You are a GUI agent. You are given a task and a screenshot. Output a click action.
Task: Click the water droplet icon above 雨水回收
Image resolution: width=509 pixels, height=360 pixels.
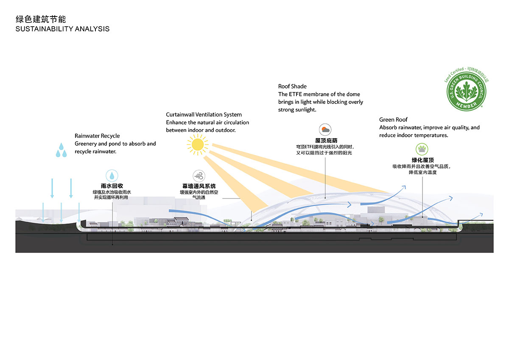point(112,176)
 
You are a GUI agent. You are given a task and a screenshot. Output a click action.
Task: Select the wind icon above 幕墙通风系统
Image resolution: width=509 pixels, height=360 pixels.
point(199,176)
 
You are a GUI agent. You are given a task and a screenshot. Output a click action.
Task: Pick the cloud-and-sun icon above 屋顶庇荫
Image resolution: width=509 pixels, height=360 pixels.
point(326,130)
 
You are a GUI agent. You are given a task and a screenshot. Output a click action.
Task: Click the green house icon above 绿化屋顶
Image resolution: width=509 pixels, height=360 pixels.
point(422,149)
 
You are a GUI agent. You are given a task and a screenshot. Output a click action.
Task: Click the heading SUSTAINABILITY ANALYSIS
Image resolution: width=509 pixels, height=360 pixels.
point(62,29)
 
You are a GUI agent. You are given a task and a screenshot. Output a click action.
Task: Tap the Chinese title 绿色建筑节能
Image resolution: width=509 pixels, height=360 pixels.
point(41,19)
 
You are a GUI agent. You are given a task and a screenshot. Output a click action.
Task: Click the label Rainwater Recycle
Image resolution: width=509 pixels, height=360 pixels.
point(97,136)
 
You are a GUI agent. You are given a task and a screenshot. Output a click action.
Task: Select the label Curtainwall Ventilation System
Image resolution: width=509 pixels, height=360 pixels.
point(204,114)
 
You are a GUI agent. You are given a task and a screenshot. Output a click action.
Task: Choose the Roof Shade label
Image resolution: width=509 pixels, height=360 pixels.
point(292,87)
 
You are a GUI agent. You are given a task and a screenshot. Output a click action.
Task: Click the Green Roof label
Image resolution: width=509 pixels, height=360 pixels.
point(393,120)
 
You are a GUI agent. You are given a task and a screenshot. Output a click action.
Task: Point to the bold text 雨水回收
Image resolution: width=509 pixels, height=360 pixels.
point(112,186)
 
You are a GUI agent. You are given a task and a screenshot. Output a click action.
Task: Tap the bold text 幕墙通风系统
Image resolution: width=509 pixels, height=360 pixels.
point(199,186)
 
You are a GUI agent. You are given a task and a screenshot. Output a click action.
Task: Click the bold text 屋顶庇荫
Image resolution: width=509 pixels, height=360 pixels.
point(326,140)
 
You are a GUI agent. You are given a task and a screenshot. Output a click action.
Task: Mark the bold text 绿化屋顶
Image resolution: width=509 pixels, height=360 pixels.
point(422,160)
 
